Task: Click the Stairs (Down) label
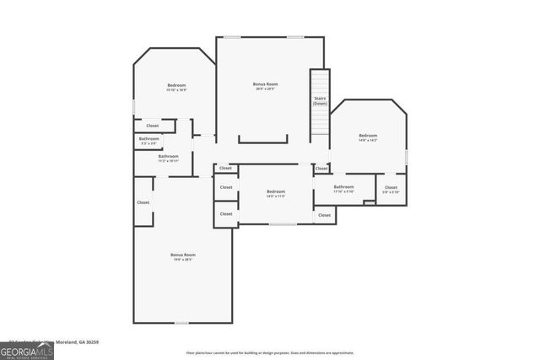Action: click(320, 101)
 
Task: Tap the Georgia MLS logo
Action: click(27, 349)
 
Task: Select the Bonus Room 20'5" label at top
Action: click(265, 85)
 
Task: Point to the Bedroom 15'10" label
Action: click(175, 87)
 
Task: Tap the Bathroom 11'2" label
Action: click(168, 158)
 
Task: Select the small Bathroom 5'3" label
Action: click(149, 140)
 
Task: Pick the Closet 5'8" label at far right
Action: click(391, 189)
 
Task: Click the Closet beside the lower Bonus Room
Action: click(143, 202)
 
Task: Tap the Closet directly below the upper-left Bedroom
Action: click(152, 126)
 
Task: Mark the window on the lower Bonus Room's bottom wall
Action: click(181, 322)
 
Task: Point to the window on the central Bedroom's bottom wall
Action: click(283, 223)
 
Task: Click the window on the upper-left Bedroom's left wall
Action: click(133, 106)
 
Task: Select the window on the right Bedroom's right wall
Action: click(407, 157)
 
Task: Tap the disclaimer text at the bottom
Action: click(270, 352)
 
